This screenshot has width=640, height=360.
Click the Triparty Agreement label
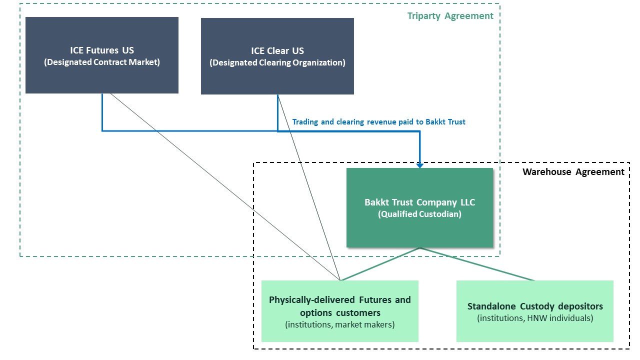tap(450, 16)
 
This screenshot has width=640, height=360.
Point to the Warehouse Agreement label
tap(573, 172)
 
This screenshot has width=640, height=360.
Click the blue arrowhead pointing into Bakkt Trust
tap(420, 164)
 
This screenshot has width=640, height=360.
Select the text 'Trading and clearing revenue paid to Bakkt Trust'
tap(378, 122)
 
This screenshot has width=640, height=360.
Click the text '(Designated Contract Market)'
tap(102, 62)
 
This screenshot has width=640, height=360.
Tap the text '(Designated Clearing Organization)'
tap(277, 63)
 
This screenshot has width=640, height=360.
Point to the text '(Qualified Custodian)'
tap(419, 214)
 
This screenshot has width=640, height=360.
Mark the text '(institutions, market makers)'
tap(339, 325)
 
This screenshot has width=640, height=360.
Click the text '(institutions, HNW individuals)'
tap(534, 318)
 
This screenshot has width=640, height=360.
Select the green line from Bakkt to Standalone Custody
tap(477, 264)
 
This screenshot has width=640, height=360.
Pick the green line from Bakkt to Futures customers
tap(380, 264)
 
